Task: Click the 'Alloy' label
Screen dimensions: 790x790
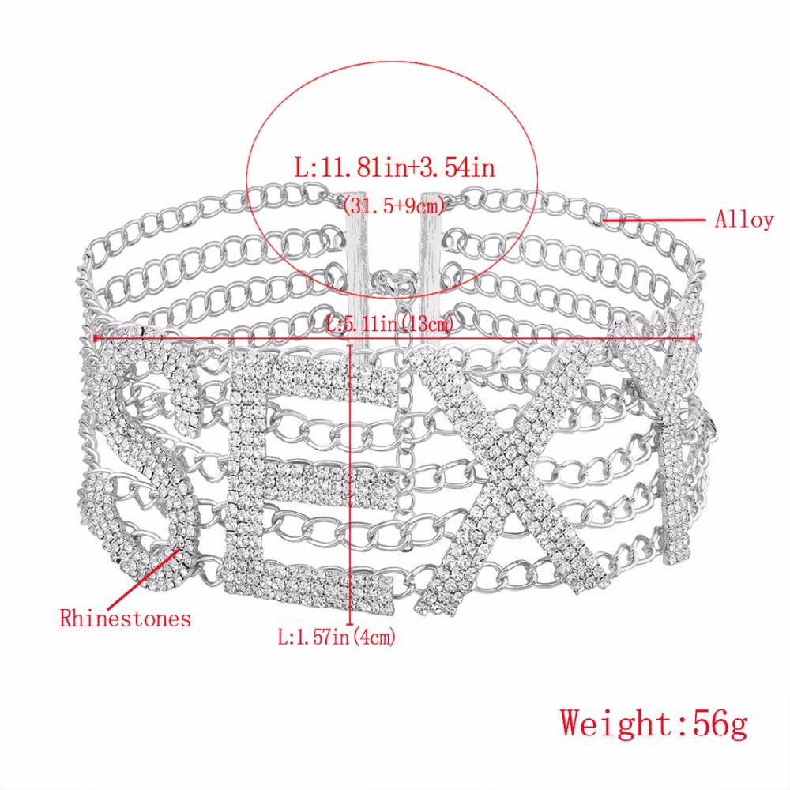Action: coord(744,220)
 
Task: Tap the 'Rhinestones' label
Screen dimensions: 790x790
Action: coord(126,617)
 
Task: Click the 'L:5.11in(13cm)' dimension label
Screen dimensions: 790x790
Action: coord(393,323)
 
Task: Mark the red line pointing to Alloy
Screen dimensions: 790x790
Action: coord(656,221)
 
